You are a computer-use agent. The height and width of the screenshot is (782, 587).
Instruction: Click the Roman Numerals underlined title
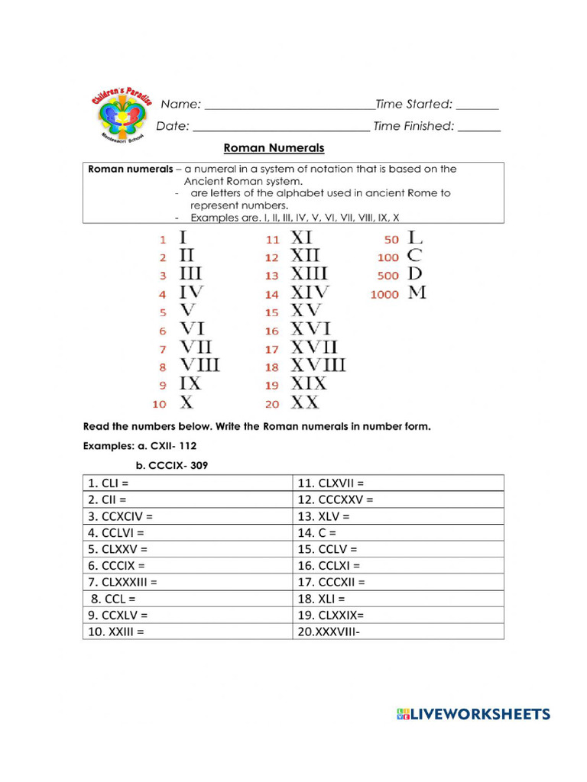tap(274, 148)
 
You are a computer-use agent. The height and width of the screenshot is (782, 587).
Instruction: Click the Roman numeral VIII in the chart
tap(199, 365)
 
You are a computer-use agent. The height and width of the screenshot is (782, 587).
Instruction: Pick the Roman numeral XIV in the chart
tap(310, 292)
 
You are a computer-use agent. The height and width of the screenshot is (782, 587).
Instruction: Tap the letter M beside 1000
tap(417, 292)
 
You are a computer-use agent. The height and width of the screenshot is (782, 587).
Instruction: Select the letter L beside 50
tap(415, 238)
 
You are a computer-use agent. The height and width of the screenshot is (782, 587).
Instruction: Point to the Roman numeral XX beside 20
tap(304, 402)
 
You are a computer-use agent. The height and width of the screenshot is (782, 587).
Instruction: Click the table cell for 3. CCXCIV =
tap(188, 516)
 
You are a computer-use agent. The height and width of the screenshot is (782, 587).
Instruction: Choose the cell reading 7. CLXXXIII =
tap(188, 582)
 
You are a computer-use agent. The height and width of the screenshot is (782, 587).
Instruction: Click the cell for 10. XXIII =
tap(188, 632)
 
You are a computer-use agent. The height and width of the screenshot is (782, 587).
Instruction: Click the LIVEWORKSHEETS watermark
tap(473, 715)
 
